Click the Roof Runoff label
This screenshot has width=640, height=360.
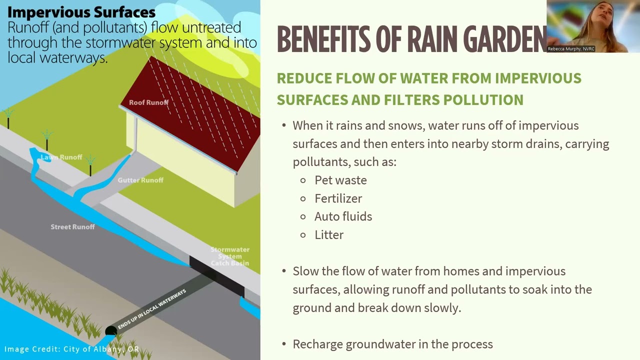click(x=148, y=102)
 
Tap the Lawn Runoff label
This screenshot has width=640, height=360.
click(x=61, y=157)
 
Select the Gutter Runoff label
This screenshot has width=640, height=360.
click(x=140, y=180)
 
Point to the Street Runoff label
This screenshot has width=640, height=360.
click(x=72, y=227)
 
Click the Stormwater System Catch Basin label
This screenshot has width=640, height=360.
click(x=229, y=256)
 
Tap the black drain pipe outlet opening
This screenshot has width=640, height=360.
click(x=111, y=331)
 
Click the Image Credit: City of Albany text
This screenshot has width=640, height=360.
click(x=71, y=349)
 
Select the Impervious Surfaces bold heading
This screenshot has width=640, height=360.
click(x=81, y=12)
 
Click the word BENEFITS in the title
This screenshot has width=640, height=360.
click(x=324, y=39)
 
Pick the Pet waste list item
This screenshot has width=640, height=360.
click(x=340, y=180)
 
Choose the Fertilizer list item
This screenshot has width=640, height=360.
click(x=338, y=198)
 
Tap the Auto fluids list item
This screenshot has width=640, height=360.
click(x=343, y=216)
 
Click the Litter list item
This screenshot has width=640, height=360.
click(x=329, y=235)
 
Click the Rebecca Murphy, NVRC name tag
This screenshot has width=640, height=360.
click(x=571, y=49)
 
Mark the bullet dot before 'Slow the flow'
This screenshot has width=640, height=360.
click(x=284, y=271)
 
